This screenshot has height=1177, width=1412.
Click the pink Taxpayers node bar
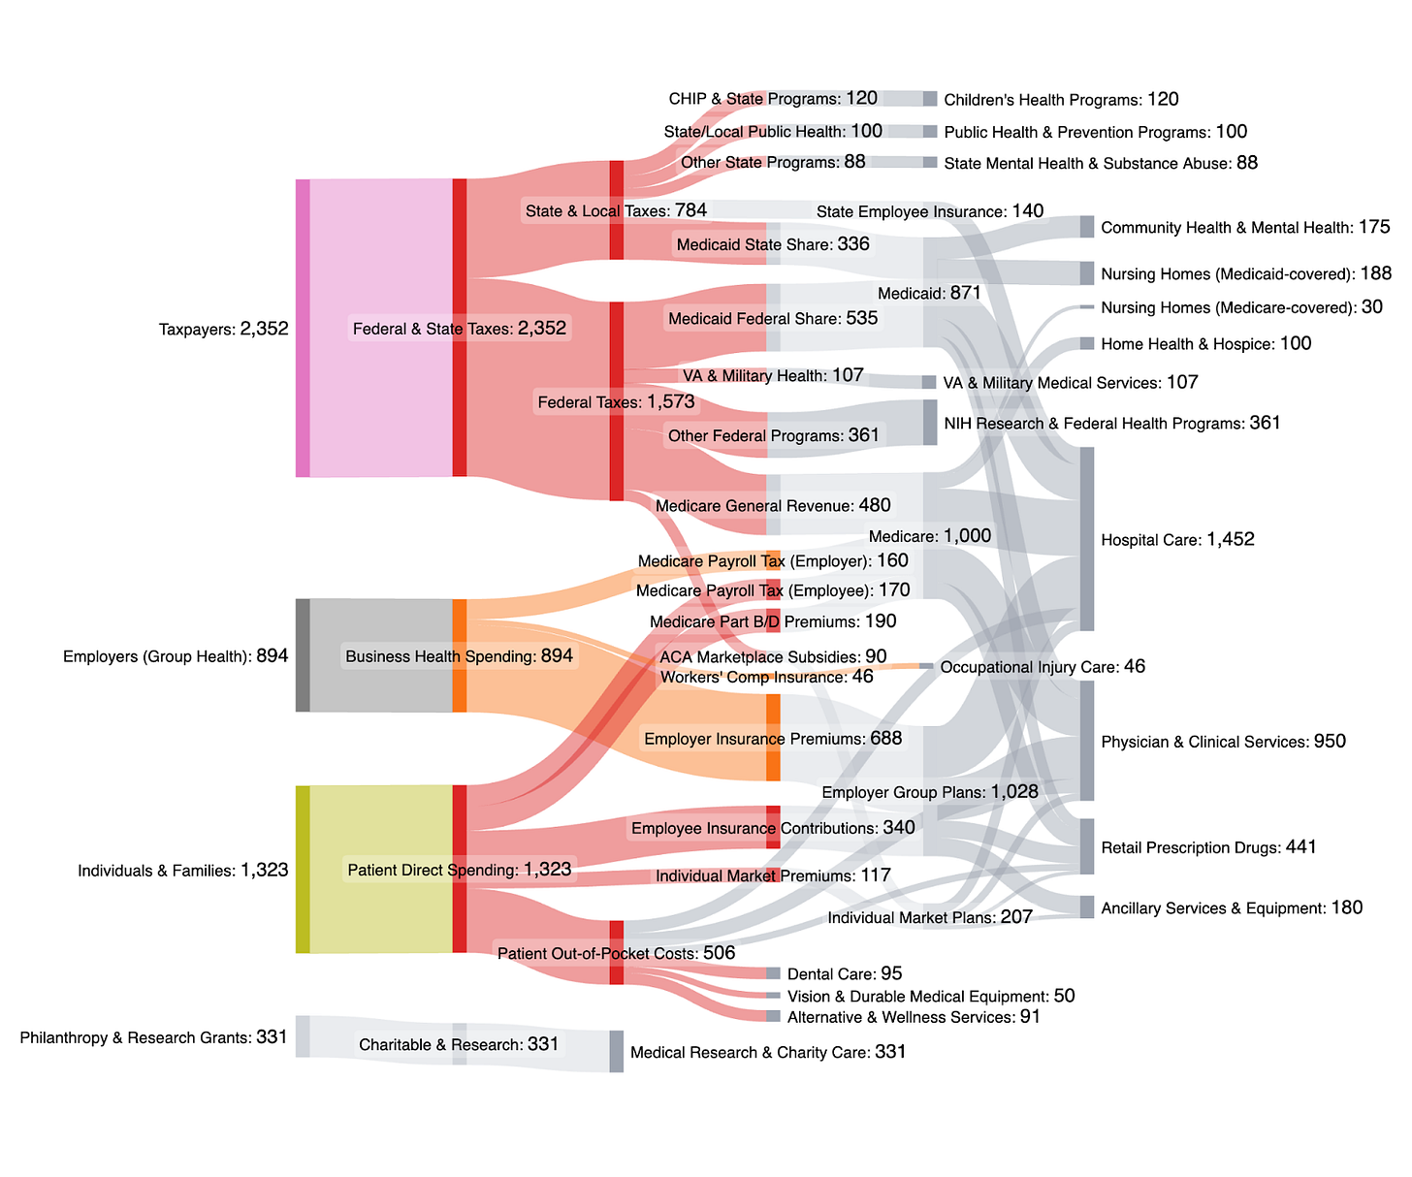(303, 328)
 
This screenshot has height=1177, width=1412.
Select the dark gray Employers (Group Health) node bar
(303, 655)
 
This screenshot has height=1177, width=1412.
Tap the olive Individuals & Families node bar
(303, 870)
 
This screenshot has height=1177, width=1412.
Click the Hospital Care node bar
(1087, 539)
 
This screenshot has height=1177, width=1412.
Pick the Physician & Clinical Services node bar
(1087, 741)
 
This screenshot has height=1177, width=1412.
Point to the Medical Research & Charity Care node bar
(617, 1052)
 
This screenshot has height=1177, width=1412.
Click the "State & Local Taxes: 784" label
(616, 210)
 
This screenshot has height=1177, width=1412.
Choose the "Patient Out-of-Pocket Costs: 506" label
(616, 953)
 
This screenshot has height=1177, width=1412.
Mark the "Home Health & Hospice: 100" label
(1206, 343)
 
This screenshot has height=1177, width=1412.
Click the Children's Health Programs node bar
(930, 99)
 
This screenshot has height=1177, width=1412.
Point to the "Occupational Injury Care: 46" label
(1043, 667)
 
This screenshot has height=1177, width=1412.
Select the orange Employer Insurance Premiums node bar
(773, 738)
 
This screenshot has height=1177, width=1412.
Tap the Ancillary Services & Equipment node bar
(1087, 907)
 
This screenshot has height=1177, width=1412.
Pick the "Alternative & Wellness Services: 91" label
(914, 1017)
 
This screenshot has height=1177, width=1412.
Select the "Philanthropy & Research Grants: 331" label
(154, 1037)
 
